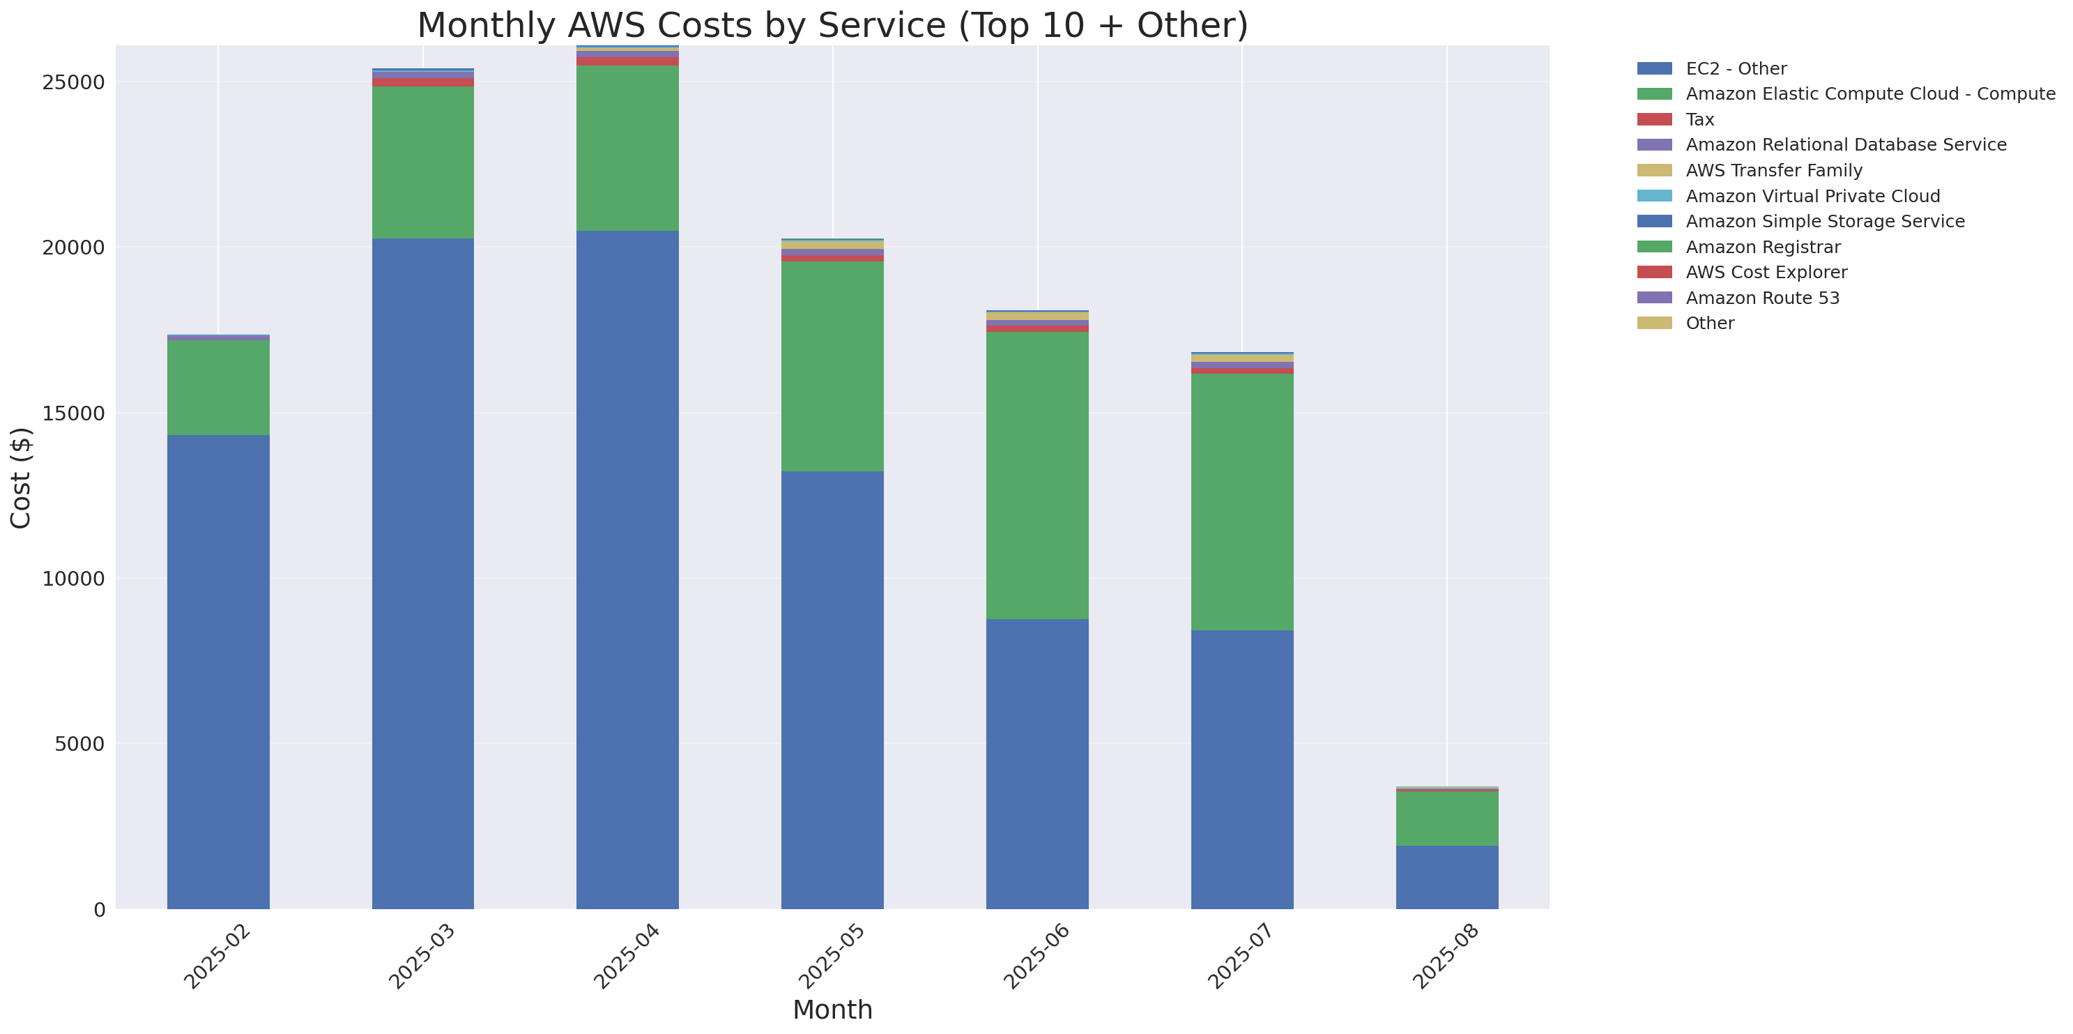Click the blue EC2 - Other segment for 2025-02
tap(218, 672)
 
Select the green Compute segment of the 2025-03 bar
tap(422, 162)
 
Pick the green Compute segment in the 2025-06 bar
tap(1036, 475)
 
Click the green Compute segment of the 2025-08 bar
tap(1446, 819)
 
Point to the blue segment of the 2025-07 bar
tap(1241, 769)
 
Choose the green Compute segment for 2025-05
tap(832, 366)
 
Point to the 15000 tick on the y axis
tap(72, 413)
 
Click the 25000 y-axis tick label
tap(72, 83)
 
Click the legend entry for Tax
tap(1699, 119)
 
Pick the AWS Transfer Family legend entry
tap(1774, 171)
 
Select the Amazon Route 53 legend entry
tap(1762, 298)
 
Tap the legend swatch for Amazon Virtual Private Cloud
tap(1654, 195)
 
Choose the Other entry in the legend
tap(1709, 324)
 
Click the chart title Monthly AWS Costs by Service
tap(832, 26)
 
